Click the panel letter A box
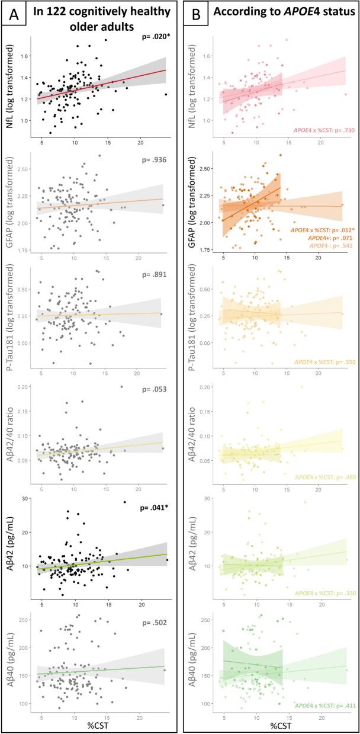click(14, 14)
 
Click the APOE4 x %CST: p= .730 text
click(320, 130)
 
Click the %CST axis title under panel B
click(277, 724)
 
